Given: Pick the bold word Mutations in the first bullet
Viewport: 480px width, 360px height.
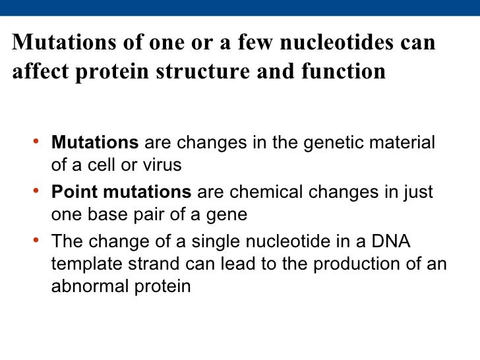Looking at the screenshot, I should point(95,143).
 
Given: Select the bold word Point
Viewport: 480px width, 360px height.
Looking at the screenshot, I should point(71,193).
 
